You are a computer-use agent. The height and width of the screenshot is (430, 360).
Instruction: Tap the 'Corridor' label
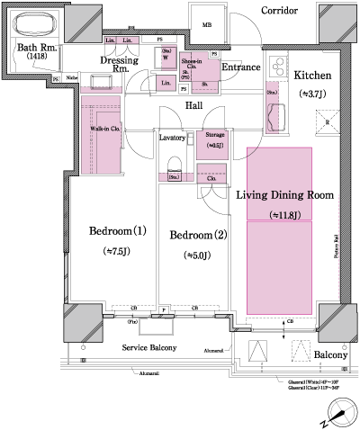[280, 10]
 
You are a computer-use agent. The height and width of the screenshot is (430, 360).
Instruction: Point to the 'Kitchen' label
[312, 76]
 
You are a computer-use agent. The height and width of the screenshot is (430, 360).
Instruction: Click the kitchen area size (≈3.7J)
[312, 94]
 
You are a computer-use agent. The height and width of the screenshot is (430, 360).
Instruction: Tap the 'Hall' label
[193, 105]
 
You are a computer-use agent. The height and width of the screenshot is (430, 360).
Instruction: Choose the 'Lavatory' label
[172, 139]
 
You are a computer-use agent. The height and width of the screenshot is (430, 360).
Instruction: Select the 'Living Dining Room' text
[285, 194]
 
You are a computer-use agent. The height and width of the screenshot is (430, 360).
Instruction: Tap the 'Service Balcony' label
[148, 347]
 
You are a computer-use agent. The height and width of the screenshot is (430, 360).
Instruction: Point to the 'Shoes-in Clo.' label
[192, 66]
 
